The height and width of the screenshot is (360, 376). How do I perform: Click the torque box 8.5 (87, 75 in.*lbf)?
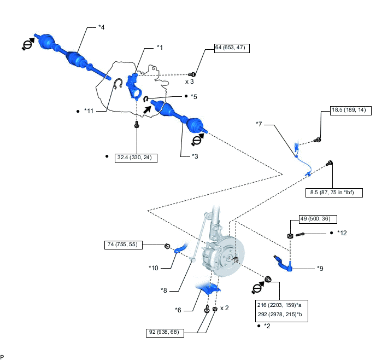click(x=333, y=193)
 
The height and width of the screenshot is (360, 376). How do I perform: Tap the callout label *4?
click(x=102, y=27)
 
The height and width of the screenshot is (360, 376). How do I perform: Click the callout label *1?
click(x=160, y=48)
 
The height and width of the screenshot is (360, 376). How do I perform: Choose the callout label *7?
click(x=260, y=124)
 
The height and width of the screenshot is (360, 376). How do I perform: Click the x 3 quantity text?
click(x=190, y=81)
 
